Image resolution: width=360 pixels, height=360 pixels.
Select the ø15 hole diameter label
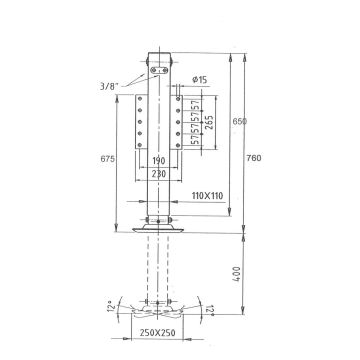point(199,78)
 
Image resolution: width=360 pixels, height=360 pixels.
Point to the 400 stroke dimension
point(238,272)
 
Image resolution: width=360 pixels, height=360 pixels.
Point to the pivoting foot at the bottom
point(157,306)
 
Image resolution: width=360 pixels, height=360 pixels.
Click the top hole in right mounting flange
point(176,100)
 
